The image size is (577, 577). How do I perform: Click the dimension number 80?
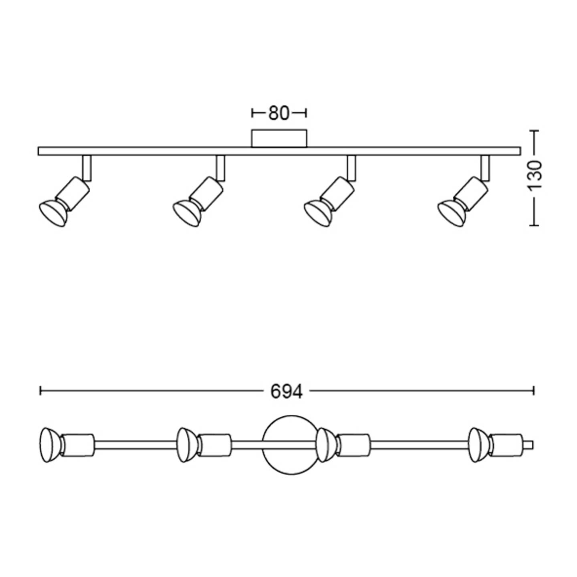[x=278, y=113]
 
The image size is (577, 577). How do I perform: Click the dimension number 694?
[x=286, y=391]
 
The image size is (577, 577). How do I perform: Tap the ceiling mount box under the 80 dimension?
[x=279, y=139]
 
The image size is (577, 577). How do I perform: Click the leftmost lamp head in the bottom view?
[x=49, y=445]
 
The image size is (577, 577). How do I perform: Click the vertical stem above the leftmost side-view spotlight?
[x=87, y=167]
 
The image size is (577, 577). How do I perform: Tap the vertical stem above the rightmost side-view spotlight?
[x=485, y=167]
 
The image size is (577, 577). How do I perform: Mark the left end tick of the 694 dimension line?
[x=40, y=390]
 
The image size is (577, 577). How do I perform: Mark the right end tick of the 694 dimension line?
[x=533, y=390]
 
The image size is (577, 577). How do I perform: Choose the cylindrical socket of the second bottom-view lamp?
[x=216, y=445]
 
